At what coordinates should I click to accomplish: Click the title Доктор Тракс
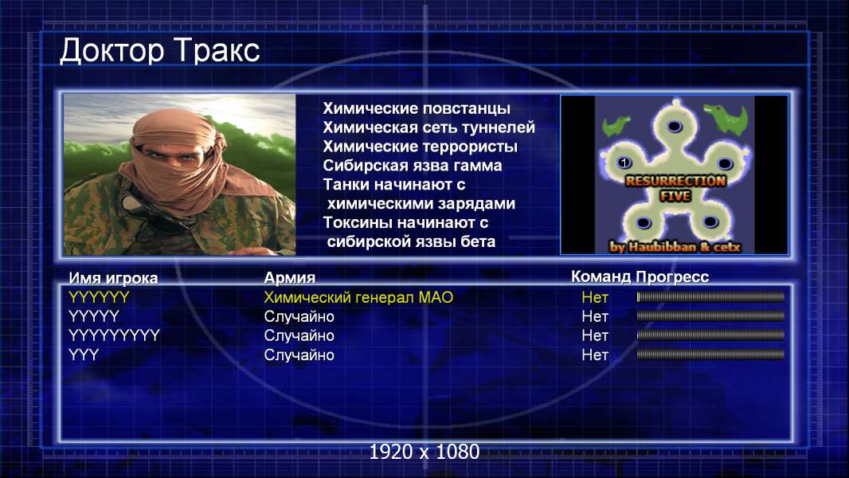click(x=160, y=52)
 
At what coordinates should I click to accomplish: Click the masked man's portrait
click(x=179, y=174)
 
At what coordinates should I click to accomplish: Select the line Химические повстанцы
click(x=417, y=108)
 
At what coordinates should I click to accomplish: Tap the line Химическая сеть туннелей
click(x=428, y=127)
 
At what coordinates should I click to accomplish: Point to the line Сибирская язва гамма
click(x=413, y=166)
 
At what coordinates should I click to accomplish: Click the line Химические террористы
click(x=421, y=147)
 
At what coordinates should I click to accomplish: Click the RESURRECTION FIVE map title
click(x=675, y=188)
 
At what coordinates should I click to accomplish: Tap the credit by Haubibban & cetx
click(x=675, y=247)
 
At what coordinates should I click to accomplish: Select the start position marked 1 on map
click(x=624, y=163)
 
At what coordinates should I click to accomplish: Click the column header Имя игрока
click(x=113, y=278)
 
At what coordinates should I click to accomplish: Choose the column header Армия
click(x=289, y=278)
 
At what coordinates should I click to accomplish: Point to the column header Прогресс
click(x=672, y=276)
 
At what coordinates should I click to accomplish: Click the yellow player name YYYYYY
click(x=99, y=297)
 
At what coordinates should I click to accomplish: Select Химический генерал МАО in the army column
click(x=358, y=297)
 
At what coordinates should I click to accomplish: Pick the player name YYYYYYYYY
click(x=114, y=335)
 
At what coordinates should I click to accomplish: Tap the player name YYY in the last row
click(x=84, y=355)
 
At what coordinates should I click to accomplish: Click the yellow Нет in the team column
click(x=594, y=297)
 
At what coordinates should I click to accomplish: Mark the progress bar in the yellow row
click(x=710, y=296)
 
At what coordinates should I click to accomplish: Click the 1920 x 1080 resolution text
click(x=424, y=452)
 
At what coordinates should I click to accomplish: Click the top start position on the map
click(x=674, y=126)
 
